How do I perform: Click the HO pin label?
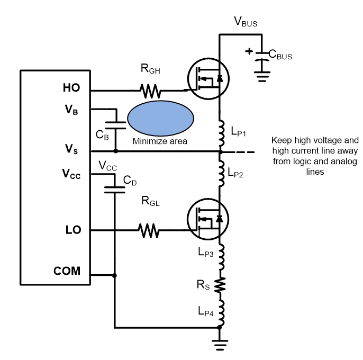[71, 88]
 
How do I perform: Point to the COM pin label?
[67, 271]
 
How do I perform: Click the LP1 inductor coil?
[221, 133]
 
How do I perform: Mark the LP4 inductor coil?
[221, 312]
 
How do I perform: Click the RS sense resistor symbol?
[221, 285]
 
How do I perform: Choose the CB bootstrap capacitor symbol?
[116, 125]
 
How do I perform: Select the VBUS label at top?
[246, 22]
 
